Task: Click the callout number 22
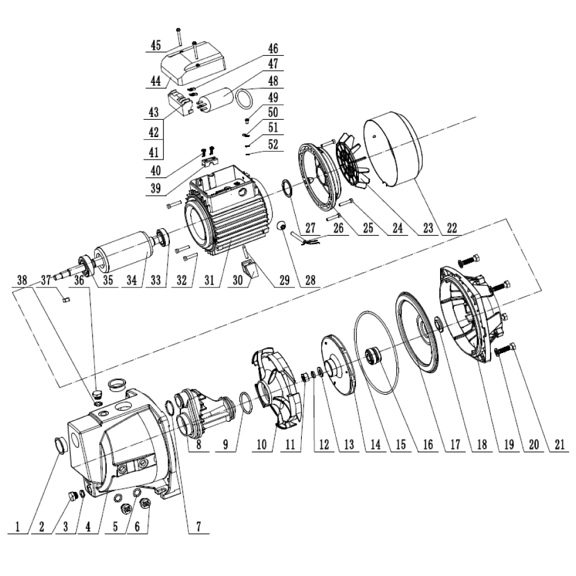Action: [452, 228]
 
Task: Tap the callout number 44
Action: [156, 80]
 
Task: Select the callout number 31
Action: [209, 281]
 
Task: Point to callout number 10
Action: [261, 445]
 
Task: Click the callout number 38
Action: [22, 281]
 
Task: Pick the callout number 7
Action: [198, 526]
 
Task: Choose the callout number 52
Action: [273, 145]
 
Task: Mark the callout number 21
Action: [559, 445]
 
